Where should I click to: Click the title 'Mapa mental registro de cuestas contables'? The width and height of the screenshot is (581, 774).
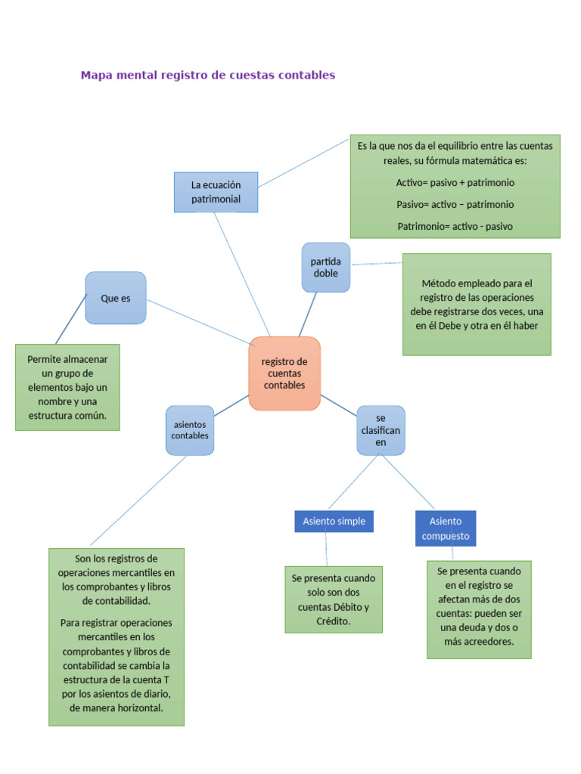coord(207,76)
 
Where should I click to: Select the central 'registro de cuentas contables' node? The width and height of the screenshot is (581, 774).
coord(284,373)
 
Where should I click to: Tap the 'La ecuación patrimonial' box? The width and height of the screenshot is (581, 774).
coord(216,192)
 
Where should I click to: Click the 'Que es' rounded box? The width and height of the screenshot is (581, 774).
coord(115,298)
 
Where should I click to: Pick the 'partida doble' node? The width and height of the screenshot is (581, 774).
coord(325,267)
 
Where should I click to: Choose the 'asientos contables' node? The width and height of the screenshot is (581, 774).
coord(189,430)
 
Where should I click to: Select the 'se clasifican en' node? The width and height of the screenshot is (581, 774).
coord(381,430)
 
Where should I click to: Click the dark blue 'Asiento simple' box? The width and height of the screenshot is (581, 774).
coord(334,521)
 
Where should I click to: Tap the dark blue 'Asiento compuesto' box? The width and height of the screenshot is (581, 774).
coord(446,528)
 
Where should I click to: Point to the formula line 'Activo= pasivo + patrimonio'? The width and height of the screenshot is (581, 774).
coord(455,183)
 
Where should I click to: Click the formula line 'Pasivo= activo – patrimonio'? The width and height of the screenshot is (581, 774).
coord(455,204)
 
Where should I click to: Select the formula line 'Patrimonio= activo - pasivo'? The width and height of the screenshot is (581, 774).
coord(455,226)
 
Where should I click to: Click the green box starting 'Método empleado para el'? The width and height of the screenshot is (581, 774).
coord(477,304)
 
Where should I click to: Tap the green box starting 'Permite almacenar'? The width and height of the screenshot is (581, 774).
coord(67,387)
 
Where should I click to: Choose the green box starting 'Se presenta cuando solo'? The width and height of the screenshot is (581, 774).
coord(333,599)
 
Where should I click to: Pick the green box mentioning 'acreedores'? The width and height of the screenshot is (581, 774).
coord(479,609)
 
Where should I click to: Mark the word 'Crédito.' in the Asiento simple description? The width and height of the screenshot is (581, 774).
coord(333,621)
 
